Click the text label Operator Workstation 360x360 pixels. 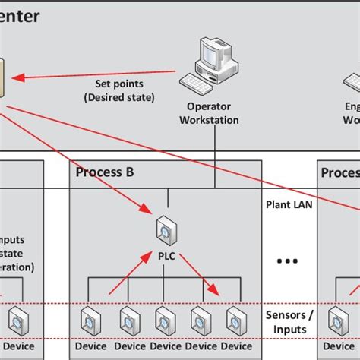point(213,113)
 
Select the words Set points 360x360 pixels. point(118,84)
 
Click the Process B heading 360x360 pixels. point(105,172)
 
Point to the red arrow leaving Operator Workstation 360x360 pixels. point(99,76)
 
